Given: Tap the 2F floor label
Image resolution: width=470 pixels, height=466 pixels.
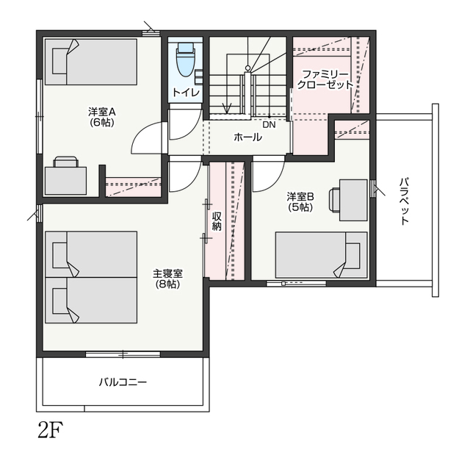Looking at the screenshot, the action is pyautogui.click(x=51, y=430).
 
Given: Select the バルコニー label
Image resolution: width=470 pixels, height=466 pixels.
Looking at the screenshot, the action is pyautogui.click(x=123, y=382).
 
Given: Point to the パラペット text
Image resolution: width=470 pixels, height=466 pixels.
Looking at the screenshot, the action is pyautogui.click(x=405, y=201).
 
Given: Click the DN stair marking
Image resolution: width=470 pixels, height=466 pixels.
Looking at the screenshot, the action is pyautogui.click(x=269, y=124).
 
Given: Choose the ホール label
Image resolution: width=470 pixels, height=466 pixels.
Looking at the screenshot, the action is pyautogui.click(x=247, y=137).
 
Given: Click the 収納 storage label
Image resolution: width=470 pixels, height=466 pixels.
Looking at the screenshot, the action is pyautogui.click(x=217, y=221).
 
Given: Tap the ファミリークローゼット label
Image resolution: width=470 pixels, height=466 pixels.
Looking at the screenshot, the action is pyautogui.click(x=325, y=79).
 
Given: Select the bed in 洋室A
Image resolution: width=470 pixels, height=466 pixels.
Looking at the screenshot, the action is pyautogui.click(x=91, y=62).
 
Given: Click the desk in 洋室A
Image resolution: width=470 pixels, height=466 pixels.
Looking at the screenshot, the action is pyautogui.click(x=65, y=181).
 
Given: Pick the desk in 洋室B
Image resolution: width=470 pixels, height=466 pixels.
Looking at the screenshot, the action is pyautogui.click(x=353, y=200).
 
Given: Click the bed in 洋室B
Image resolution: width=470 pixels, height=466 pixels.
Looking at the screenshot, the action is pyautogui.click(x=322, y=255).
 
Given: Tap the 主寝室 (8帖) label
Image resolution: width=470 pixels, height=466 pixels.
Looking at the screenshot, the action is pyautogui.click(x=168, y=279).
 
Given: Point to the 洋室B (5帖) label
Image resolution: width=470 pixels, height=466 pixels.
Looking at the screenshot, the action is pyautogui.click(x=300, y=202).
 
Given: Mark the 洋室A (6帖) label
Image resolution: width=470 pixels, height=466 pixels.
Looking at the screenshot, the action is pyautogui.click(x=102, y=117).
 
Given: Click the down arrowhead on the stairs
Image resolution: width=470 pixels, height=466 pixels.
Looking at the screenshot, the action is pyautogui.click(x=227, y=108).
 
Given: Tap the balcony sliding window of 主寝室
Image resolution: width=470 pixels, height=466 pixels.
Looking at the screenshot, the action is pyautogui.click(x=123, y=354).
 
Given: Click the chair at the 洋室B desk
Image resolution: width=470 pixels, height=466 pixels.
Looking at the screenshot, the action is pyautogui.click(x=334, y=200).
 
